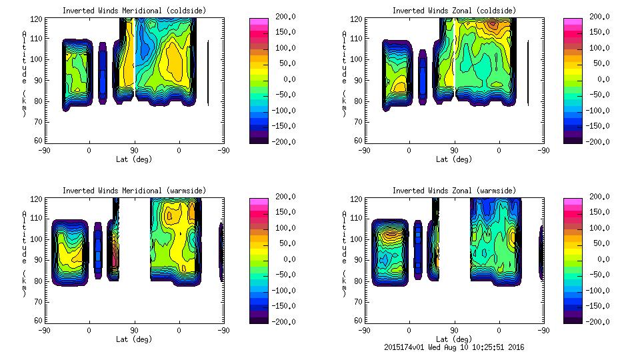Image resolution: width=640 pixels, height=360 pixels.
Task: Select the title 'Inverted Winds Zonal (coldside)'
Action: click(453, 11)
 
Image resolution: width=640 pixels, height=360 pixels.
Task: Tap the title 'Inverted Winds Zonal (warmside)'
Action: click(453, 191)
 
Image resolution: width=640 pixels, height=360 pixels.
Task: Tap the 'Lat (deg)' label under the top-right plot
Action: click(453, 159)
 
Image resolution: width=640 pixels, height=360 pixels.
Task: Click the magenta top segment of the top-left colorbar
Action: click(258, 22)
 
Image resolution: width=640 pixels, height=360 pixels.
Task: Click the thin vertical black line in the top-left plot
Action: click(208, 73)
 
